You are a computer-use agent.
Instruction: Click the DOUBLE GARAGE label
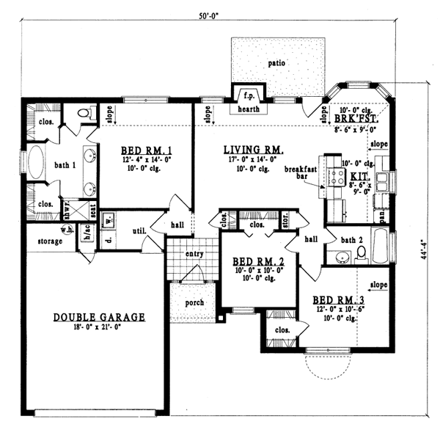(99, 317)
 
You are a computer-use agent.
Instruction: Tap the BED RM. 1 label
(146, 151)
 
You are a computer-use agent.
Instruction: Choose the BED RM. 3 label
(338, 300)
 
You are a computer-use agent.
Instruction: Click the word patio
(276, 63)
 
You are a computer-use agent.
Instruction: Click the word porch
(194, 302)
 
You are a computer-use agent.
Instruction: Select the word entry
(194, 254)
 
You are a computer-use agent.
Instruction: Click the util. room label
(139, 231)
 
